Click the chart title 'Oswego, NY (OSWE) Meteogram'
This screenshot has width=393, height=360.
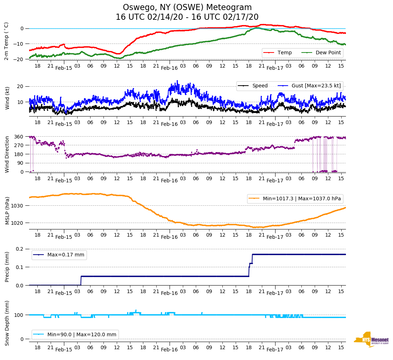187,8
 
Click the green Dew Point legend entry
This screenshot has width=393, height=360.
321,53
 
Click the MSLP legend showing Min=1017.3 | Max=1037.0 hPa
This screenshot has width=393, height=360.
295,199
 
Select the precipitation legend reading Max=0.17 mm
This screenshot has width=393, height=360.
59,255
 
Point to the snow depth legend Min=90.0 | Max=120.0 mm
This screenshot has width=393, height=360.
75,334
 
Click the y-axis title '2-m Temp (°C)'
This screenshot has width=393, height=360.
6,41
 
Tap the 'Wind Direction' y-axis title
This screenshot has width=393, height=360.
6,154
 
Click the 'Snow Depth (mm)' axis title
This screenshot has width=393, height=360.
6,323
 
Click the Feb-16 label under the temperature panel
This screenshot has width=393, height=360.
169,68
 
